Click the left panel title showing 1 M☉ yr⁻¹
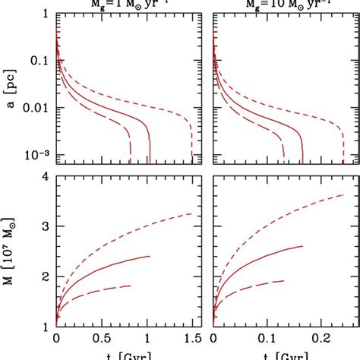coord(122,3)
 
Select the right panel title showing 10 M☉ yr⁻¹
coord(277,3)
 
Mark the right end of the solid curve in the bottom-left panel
coord(150,256)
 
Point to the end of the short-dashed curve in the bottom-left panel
coord(191,214)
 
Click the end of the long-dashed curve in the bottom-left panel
coord(131,286)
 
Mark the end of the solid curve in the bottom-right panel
coord(303,246)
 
